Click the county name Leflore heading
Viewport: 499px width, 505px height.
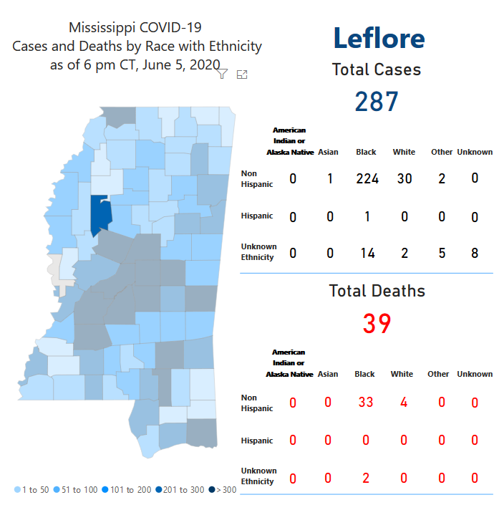[379, 38]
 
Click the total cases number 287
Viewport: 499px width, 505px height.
[377, 102]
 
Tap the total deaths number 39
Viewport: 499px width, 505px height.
[377, 324]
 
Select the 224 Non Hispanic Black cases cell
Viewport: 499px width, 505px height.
[367, 178]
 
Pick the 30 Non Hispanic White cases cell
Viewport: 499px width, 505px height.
[404, 178]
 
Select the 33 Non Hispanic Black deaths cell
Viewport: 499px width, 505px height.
[365, 403]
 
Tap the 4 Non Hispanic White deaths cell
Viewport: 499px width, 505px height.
[404, 403]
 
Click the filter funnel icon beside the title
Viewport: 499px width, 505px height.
[222, 74]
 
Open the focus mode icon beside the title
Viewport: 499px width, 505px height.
[242, 74]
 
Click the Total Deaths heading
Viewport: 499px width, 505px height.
[377, 291]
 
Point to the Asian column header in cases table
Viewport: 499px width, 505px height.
[329, 152]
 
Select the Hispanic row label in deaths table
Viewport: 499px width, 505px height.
[256, 441]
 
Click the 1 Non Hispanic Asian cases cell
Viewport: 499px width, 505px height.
[330, 178]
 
